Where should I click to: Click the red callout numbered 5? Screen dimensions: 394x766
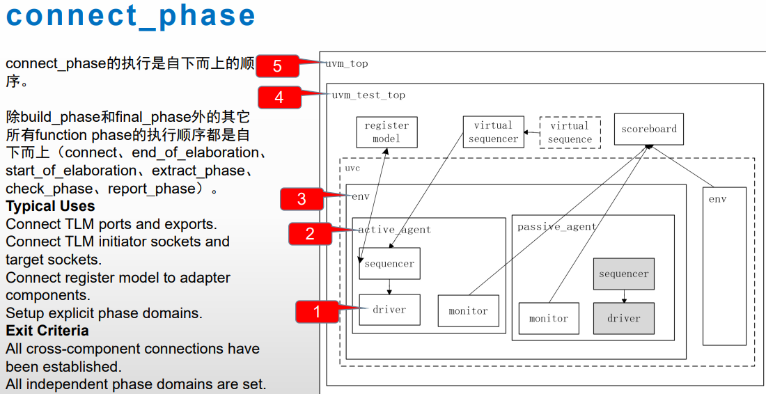click(277, 66)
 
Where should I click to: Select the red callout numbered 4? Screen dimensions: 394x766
click(279, 97)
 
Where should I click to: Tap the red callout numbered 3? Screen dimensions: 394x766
click(302, 199)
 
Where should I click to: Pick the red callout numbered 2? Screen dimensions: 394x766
click(310, 234)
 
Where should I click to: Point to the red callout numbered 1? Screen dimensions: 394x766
click(318, 312)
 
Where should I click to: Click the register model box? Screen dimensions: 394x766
click(386, 132)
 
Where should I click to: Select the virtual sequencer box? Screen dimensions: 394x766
click(493, 132)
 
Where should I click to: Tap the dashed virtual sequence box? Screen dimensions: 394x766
click(570, 132)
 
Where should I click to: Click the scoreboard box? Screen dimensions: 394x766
click(648, 129)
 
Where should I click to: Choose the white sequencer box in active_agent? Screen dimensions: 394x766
click(389, 264)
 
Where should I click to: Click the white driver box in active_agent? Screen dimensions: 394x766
click(389, 310)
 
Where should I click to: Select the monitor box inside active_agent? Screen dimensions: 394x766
click(468, 311)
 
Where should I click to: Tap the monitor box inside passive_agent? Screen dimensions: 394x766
click(549, 318)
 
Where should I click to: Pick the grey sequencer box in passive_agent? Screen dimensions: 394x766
click(623, 274)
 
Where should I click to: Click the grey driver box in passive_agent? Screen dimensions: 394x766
click(623, 318)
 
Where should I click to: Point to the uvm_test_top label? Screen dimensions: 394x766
click(368, 95)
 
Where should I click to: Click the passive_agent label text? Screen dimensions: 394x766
click(556, 227)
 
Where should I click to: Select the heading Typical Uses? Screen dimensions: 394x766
click(50, 206)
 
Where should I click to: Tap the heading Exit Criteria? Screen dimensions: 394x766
click(47, 331)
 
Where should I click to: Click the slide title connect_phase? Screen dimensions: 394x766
click(131, 15)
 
